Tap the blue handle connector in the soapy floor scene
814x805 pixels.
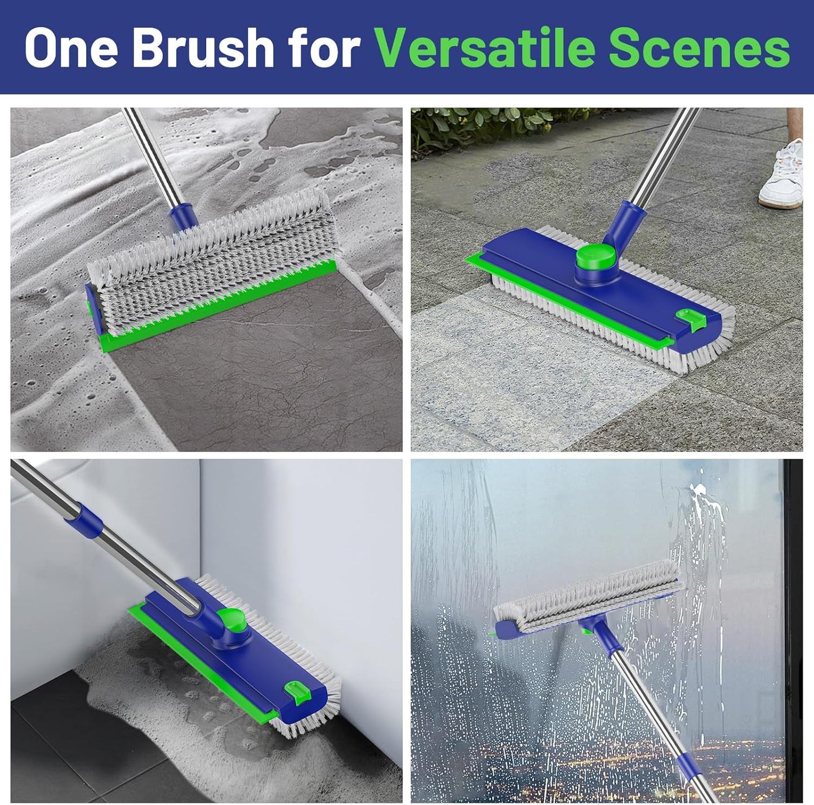click(183, 214)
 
